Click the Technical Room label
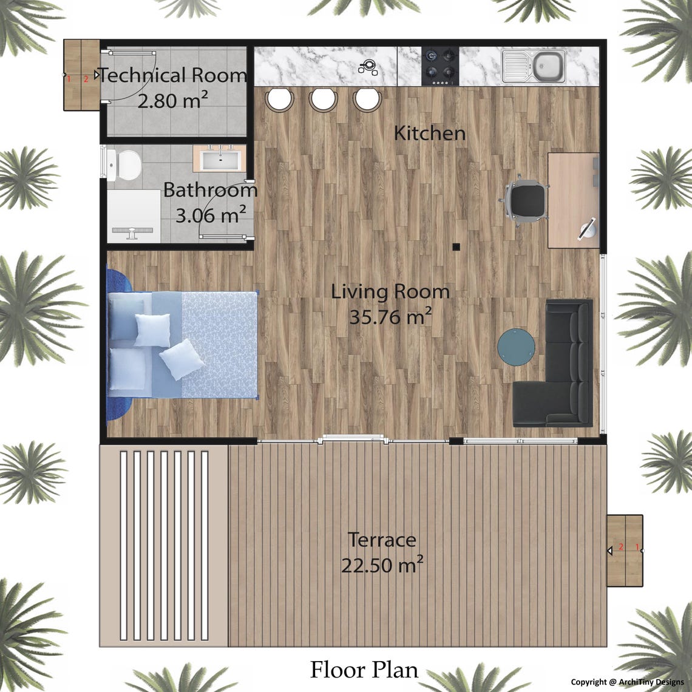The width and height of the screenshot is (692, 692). [173, 75]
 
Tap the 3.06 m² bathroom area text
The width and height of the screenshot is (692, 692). [211, 214]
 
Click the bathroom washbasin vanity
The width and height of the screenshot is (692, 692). [219, 159]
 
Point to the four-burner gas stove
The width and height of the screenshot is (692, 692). [440, 64]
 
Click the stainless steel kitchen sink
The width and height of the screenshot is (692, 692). [534, 66]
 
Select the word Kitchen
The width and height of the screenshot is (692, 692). [430, 133]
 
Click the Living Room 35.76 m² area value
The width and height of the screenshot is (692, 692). [390, 316]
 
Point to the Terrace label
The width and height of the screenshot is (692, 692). [382, 539]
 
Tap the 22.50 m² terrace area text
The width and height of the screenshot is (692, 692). [382, 565]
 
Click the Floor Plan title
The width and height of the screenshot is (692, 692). [364, 670]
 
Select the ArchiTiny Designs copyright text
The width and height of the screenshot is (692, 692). [627, 682]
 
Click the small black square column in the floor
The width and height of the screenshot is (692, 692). [456, 246]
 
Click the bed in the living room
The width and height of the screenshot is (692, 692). [183, 345]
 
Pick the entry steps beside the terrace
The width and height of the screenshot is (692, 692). [625, 551]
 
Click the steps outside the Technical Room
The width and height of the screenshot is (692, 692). [82, 75]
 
